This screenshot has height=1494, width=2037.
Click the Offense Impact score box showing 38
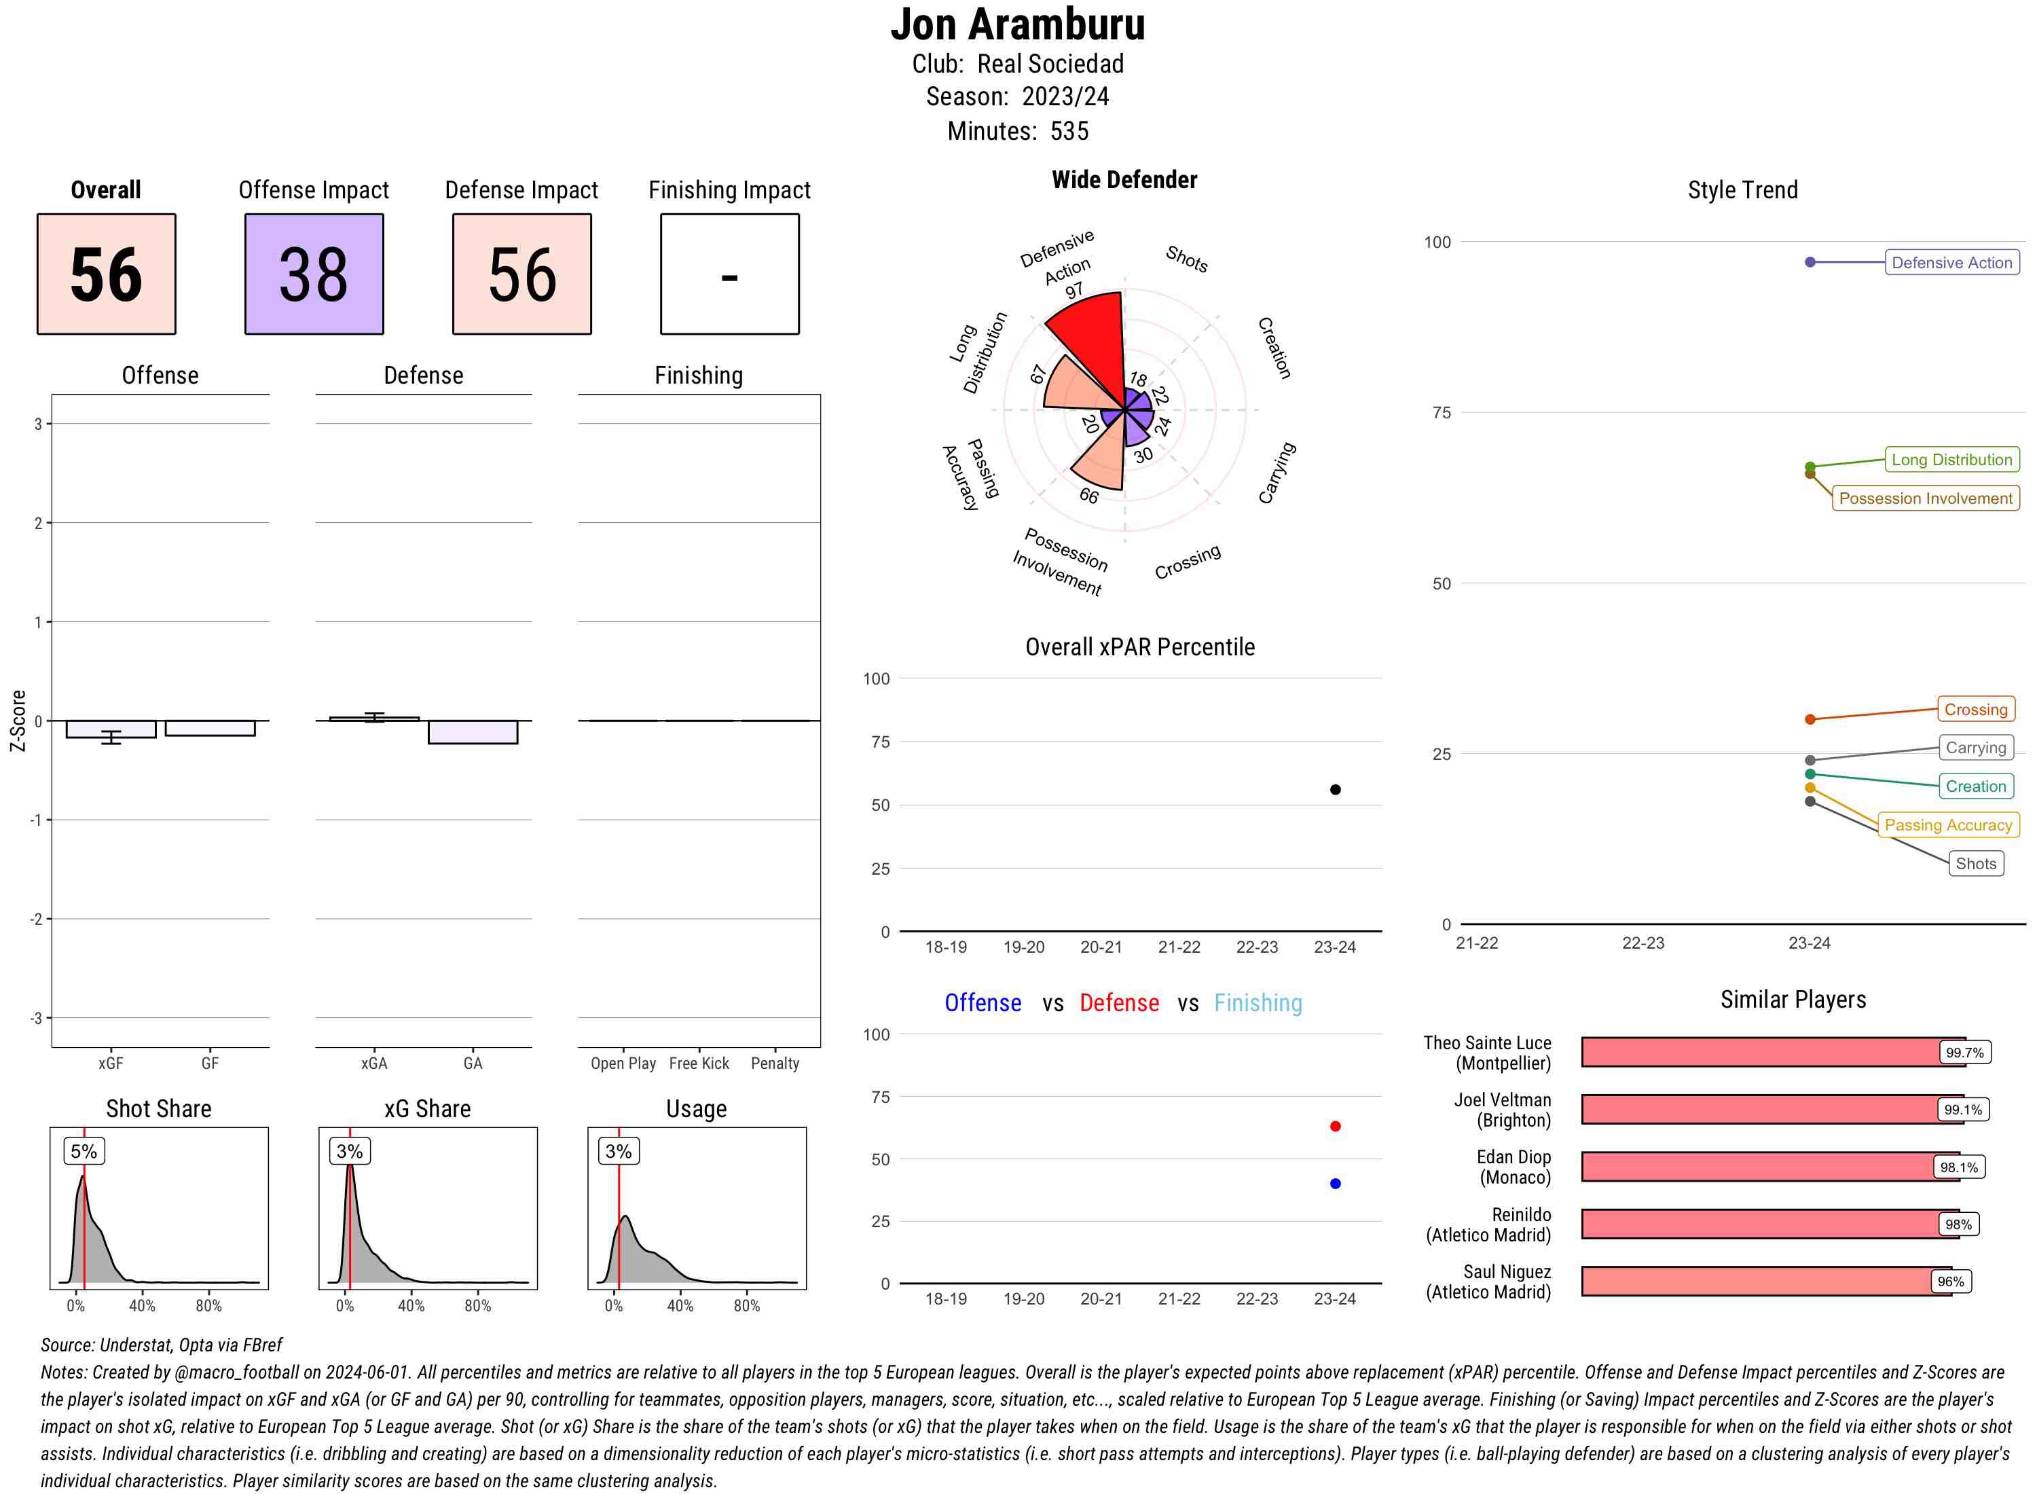[x=314, y=274]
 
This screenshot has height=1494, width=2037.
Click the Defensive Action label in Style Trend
[x=1951, y=262]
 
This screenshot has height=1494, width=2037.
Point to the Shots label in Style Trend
[x=1975, y=864]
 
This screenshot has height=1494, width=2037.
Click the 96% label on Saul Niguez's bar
[x=1949, y=1281]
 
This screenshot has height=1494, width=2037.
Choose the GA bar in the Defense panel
[x=473, y=731]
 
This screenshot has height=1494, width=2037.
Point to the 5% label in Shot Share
[x=84, y=1151]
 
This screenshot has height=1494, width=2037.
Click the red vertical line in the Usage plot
[x=619, y=1221]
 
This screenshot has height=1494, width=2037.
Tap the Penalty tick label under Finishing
[x=775, y=1063]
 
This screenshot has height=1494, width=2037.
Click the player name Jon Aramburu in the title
[x=1017, y=24]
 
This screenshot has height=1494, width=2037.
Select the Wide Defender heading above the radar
[x=1124, y=180]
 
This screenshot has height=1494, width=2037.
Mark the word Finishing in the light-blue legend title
[x=1258, y=1003]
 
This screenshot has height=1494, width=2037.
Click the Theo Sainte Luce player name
[x=1487, y=1053]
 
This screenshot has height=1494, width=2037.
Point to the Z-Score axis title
[x=17, y=721]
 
